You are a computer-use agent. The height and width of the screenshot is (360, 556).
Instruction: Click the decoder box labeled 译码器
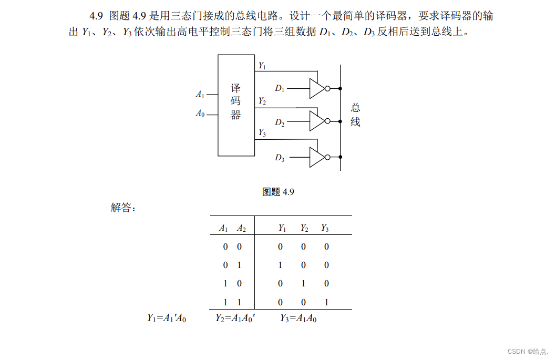pyautogui.click(x=236, y=105)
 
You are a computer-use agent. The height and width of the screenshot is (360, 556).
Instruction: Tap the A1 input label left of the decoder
pyautogui.click(x=200, y=95)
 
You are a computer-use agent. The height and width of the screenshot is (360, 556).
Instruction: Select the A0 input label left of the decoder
pyautogui.click(x=200, y=113)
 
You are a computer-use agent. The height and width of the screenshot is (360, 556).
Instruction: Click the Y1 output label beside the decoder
pyautogui.click(x=262, y=66)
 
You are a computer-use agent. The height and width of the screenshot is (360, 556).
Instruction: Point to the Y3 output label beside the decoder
pyautogui.click(x=262, y=133)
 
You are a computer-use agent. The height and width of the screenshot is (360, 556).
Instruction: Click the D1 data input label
pyautogui.click(x=280, y=89)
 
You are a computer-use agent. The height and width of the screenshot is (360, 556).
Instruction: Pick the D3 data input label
pyautogui.click(x=280, y=157)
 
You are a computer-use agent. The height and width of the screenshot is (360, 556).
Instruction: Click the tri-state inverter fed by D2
pyautogui.click(x=317, y=121)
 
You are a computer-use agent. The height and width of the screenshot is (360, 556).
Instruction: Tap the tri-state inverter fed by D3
pyautogui.click(x=317, y=157)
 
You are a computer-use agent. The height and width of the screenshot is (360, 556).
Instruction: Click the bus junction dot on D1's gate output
pyautogui.click(x=341, y=89)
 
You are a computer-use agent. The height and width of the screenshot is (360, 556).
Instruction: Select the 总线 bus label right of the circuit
pyautogui.click(x=356, y=115)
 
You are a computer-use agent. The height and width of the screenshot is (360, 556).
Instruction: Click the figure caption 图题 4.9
pyautogui.click(x=278, y=192)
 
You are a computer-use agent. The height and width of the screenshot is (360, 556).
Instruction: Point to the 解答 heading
pyautogui.click(x=123, y=208)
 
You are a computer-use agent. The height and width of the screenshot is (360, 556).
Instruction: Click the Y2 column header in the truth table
pyautogui.click(x=304, y=228)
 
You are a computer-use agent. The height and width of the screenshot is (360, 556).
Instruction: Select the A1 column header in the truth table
pyautogui.click(x=223, y=228)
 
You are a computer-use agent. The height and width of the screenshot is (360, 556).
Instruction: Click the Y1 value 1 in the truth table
pyautogui.click(x=280, y=265)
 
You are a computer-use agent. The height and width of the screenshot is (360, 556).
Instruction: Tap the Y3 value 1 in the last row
pyautogui.click(x=326, y=302)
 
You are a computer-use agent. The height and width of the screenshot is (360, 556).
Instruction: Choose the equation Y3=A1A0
pyautogui.click(x=298, y=318)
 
